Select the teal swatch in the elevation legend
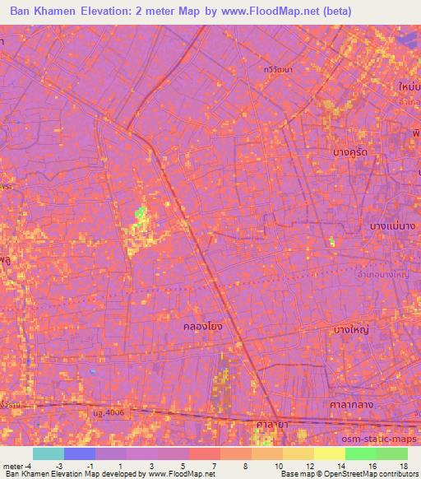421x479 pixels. (48, 453)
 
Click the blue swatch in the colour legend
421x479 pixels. (80, 453)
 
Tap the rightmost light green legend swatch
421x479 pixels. (392, 453)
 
